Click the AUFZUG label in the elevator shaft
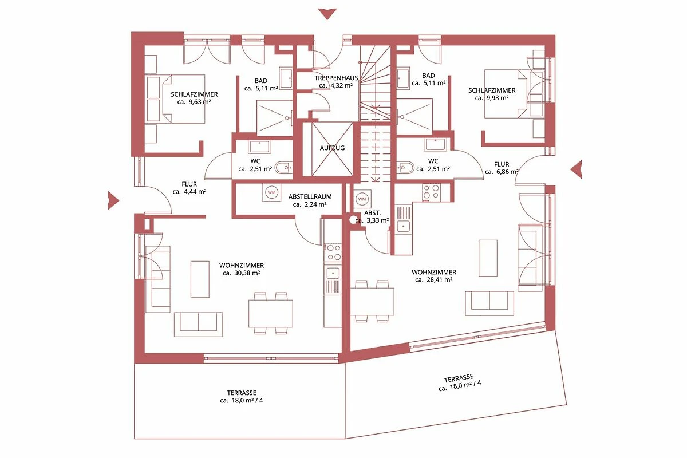coord(332,148)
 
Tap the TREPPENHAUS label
coord(337,78)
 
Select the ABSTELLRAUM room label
coord(310,196)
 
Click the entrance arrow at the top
coord(327,14)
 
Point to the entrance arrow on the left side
coord(113,200)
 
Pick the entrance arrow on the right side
coord(577,169)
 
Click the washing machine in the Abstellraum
coord(272,192)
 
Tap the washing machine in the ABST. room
coord(362,199)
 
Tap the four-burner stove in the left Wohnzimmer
coord(333,252)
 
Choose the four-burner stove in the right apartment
coord(431,192)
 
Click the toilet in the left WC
coord(283,168)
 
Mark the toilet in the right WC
coord(405,168)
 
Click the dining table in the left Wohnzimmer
coord(270,314)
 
